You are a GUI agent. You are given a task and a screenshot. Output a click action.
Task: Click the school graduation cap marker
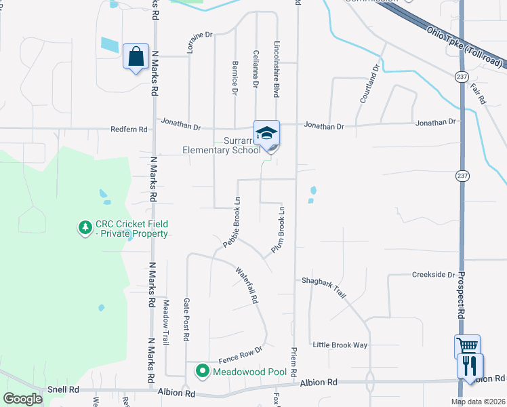[266, 132]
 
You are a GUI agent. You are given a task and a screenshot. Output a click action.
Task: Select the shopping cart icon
[467, 347]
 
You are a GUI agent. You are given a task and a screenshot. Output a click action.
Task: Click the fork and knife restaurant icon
[469, 366]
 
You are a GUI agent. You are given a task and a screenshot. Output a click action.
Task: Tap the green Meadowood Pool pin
[202, 371]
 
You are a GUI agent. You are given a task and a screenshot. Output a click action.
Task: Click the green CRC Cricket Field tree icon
[85, 229]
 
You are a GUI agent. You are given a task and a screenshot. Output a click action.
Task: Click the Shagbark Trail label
[324, 285]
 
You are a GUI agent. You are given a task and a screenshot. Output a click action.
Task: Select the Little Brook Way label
[340, 345]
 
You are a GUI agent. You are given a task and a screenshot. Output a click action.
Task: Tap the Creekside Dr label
[433, 275]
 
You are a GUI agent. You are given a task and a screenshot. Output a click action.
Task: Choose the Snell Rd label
[64, 390]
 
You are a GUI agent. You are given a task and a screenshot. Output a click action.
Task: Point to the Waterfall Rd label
[247, 285]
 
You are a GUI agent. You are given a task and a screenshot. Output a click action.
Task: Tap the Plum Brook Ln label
[277, 230]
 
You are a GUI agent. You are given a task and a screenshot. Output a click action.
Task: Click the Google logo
[22, 399]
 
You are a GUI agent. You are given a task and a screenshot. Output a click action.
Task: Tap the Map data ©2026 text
[478, 402]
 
